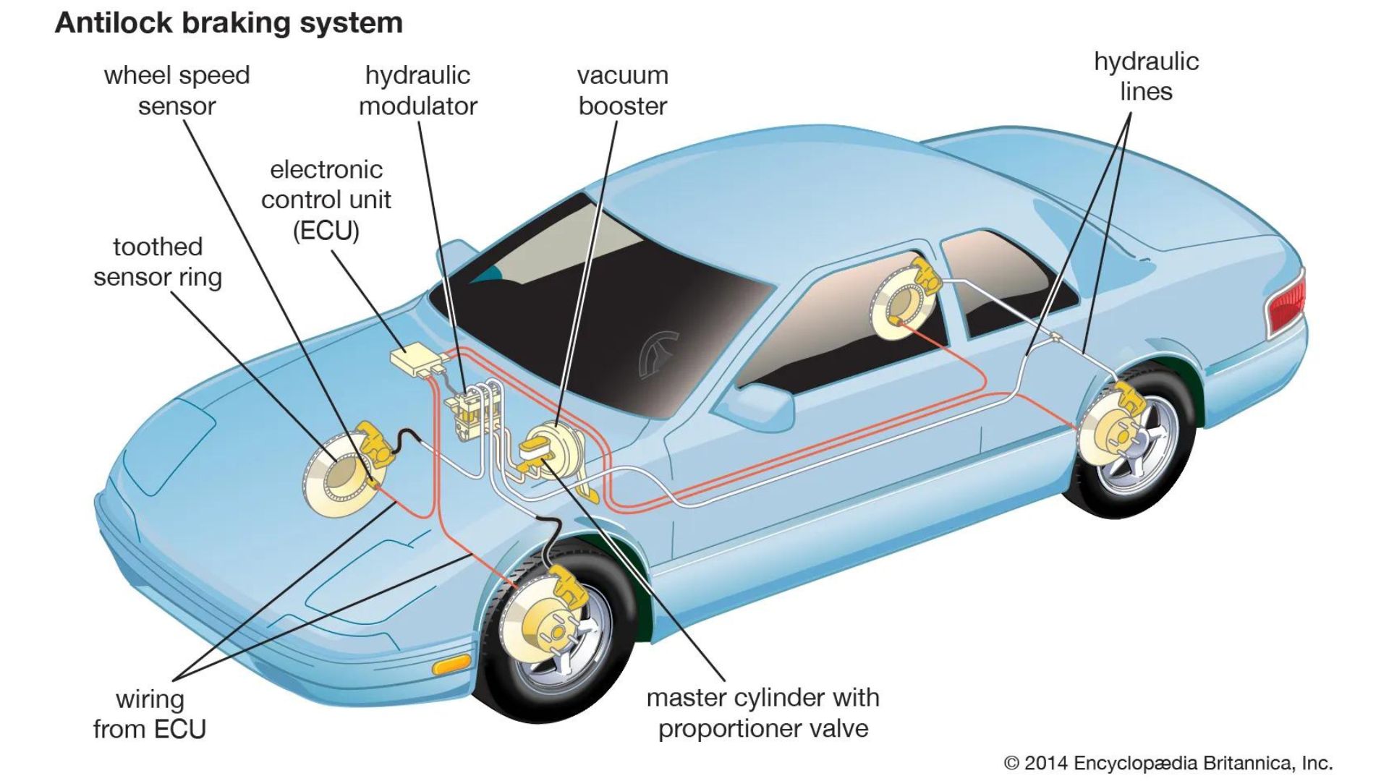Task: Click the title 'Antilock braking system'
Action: tap(229, 23)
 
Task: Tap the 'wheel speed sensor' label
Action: tap(177, 90)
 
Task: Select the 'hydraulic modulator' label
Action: tap(417, 90)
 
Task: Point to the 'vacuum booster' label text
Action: tap(622, 90)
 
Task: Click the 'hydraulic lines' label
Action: tap(1146, 76)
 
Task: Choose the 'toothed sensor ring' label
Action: tap(157, 262)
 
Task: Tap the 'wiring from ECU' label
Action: tap(150, 714)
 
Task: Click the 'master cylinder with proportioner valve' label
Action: tap(763, 712)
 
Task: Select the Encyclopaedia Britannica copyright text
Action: tap(1168, 763)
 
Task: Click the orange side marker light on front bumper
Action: tap(451, 664)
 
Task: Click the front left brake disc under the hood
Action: tap(339, 475)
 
